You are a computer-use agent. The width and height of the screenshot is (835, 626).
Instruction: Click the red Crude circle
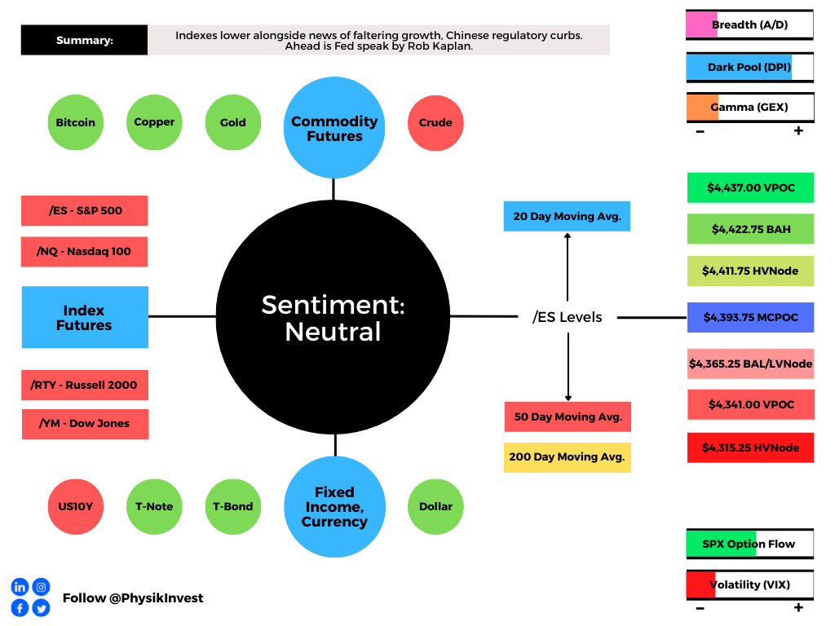point(435,123)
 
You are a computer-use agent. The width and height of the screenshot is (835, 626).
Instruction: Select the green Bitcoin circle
point(76,122)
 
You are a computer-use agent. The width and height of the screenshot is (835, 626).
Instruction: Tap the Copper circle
point(154,122)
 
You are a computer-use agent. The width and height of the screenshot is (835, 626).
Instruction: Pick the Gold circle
point(233,122)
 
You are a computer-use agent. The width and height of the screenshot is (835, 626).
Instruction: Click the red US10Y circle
point(76,507)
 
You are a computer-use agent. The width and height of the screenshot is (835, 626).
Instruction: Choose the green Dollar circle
point(435,507)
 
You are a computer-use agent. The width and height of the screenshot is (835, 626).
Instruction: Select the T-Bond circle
point(233,507)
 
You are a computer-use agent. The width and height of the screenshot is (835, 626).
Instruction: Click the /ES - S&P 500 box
point(85,211)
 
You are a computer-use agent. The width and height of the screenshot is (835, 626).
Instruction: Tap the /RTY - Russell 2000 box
point(85,385)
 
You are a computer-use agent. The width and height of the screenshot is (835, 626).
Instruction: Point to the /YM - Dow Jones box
point(85,424)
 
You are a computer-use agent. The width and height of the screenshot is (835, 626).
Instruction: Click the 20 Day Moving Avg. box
point(568,216)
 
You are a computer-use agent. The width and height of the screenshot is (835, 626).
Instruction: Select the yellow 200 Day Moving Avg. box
point(568,457)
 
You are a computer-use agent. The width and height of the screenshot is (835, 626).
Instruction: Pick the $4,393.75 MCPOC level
point(751,317)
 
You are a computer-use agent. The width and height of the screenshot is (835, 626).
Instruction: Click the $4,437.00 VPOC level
point(751,187)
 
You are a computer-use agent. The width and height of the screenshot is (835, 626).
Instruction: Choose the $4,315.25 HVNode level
point(751,447)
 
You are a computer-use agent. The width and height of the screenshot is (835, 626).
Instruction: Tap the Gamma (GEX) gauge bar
point(750,108)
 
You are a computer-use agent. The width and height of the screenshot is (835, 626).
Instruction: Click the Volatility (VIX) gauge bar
point(750,585)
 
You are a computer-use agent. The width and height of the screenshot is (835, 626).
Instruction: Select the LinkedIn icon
point(20,587)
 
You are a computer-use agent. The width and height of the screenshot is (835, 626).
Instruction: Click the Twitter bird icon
point(41,608)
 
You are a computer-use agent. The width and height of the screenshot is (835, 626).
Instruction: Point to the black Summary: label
point(84,40)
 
